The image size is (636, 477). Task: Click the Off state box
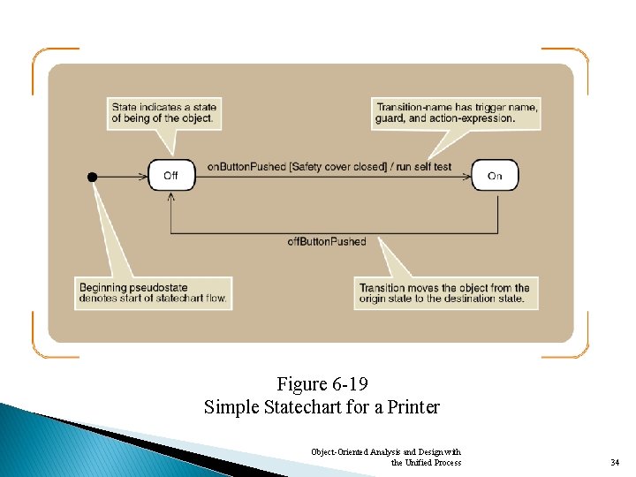pos(170,176)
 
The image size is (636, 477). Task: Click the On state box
pos(495,176)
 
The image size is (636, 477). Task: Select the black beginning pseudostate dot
pos(93,177)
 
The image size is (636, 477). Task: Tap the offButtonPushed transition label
pos(326,241)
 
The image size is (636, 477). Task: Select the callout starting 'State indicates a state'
pos(164,113)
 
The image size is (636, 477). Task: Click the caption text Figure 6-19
pos(322,384)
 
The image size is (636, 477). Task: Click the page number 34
pos(615,462)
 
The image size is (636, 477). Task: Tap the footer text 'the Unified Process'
pos(426,462)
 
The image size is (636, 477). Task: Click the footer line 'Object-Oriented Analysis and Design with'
pos(386,451)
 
